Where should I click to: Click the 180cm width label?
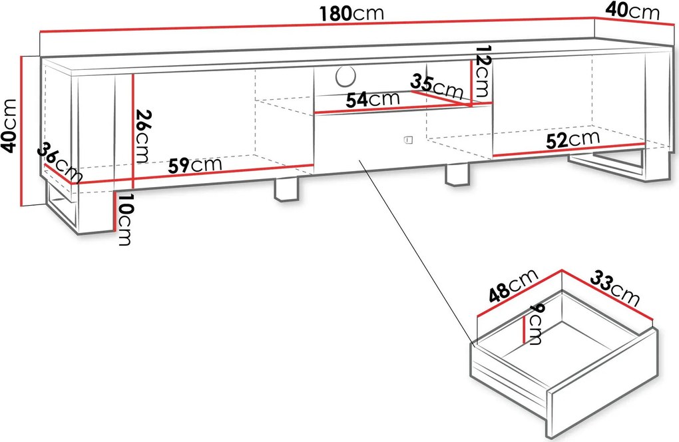point(351,13)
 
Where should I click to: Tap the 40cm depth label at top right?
point(632,11)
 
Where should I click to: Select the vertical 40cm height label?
point(9,126)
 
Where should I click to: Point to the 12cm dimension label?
point(483,71)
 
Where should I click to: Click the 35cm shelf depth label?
point(437,86)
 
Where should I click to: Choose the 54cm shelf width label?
point(372,100)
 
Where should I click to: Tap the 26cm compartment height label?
point(143,136)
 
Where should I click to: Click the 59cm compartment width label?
point(195,165)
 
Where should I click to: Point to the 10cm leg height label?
point(124,219)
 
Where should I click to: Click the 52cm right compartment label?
point(573,139)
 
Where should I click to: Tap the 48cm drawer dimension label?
point(513,286)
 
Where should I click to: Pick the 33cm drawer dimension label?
point(615,288)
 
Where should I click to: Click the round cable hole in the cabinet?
point(345,76)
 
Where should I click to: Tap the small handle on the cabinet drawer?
point(408,139)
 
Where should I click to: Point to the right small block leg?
point(457,174)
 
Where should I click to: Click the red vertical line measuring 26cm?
point(133,132)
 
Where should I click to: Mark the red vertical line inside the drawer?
point(525,329)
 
